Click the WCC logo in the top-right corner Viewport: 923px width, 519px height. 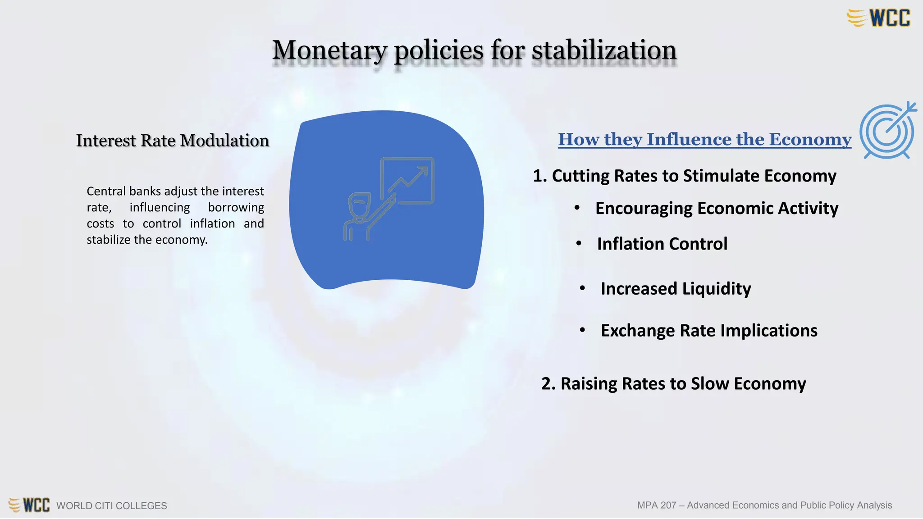coord(879,18)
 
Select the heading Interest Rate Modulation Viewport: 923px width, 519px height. coord(173,141)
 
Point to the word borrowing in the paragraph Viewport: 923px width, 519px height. coord(236,207)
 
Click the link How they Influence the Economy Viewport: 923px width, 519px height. coord(704,140)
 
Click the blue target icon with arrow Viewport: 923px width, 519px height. coord(887,131)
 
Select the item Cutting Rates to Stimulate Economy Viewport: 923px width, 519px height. coord(685,176)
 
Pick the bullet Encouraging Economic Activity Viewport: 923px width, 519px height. coord(717,208)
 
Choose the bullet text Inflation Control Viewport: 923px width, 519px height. coord(662,244)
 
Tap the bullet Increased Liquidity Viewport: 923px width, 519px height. coord(676,288)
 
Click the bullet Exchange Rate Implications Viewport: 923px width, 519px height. coord(709,331)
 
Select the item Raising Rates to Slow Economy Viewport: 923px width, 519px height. coord(674,384)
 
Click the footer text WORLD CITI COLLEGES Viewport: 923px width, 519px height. coord(111,505)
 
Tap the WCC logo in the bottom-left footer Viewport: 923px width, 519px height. coord(29,505)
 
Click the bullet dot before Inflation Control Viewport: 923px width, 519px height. coord(579,244)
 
